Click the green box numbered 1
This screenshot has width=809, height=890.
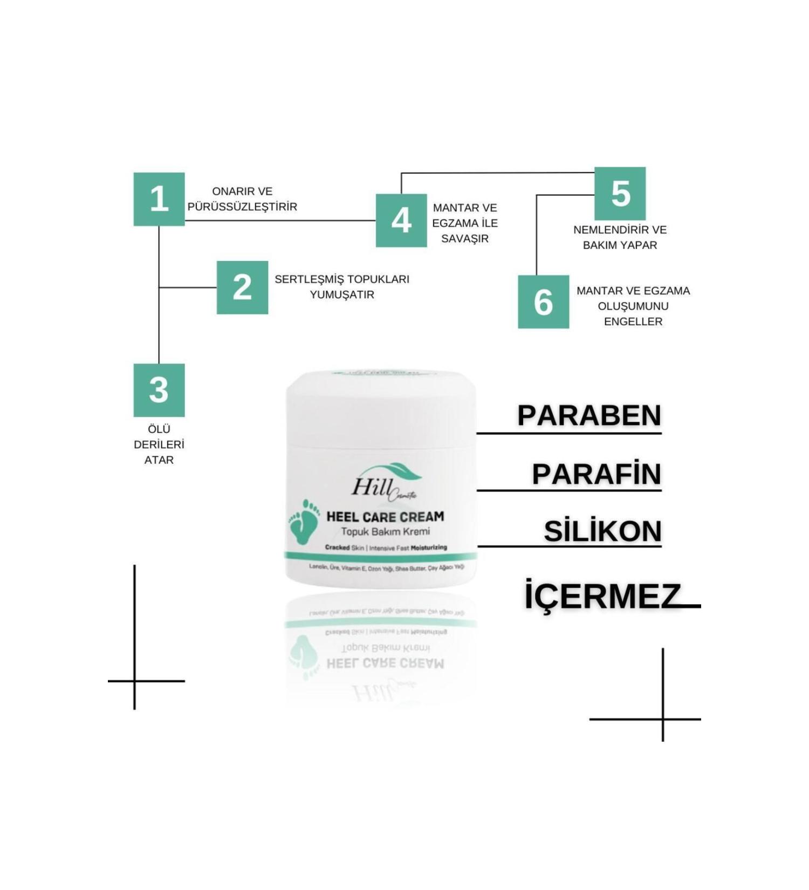[159, 199]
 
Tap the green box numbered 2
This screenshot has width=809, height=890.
[242, 287]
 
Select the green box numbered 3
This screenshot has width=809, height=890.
[159, 390]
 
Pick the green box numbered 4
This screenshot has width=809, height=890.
[401, 221]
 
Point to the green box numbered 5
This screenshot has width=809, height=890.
[620, 194]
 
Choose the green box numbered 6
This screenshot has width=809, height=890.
[543, 302]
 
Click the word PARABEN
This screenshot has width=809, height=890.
[589, 415]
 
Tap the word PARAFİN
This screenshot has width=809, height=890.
[596, 474]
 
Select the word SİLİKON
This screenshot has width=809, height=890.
[602, 531]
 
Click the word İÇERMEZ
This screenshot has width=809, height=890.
[602, 596]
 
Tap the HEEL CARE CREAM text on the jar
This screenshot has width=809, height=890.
[385, 517]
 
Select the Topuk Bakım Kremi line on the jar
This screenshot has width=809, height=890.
[385, 532]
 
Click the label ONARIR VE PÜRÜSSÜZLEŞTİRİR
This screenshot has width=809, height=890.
[242, 199]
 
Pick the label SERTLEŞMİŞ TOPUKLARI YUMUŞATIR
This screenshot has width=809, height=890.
[342, 287]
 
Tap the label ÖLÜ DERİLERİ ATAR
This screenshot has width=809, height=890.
[159, 444]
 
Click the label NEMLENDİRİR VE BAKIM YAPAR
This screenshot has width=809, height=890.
[620, 237]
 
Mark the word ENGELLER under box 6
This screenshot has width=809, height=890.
[633, 321]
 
